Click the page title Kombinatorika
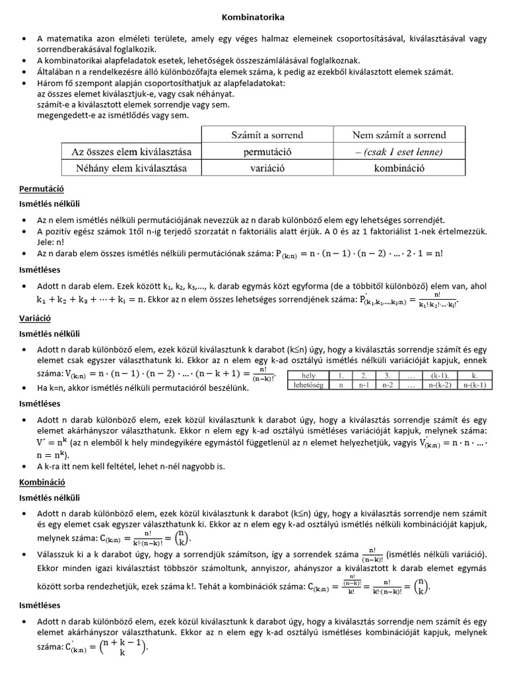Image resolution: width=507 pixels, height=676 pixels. coord(253,18)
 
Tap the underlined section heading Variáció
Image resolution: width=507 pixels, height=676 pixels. coord(36,318)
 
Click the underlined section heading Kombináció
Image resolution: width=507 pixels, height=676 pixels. coord(42,483)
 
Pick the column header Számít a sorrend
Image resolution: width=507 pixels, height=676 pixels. coord(267,135)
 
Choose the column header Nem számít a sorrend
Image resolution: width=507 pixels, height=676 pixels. coord(399,135)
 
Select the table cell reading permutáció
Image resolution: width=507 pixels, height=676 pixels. coord(267,152)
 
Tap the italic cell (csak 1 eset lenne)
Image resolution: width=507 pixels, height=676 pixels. coord(399,152)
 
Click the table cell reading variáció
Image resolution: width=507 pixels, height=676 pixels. coord(267,168)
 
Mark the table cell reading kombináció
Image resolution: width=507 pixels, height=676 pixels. coord(399,168)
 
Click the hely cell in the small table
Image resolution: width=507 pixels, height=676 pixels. coord(308,376)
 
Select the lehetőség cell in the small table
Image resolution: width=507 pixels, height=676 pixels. coord(308,384)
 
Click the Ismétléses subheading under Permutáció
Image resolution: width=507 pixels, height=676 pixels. coord(40,269)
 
